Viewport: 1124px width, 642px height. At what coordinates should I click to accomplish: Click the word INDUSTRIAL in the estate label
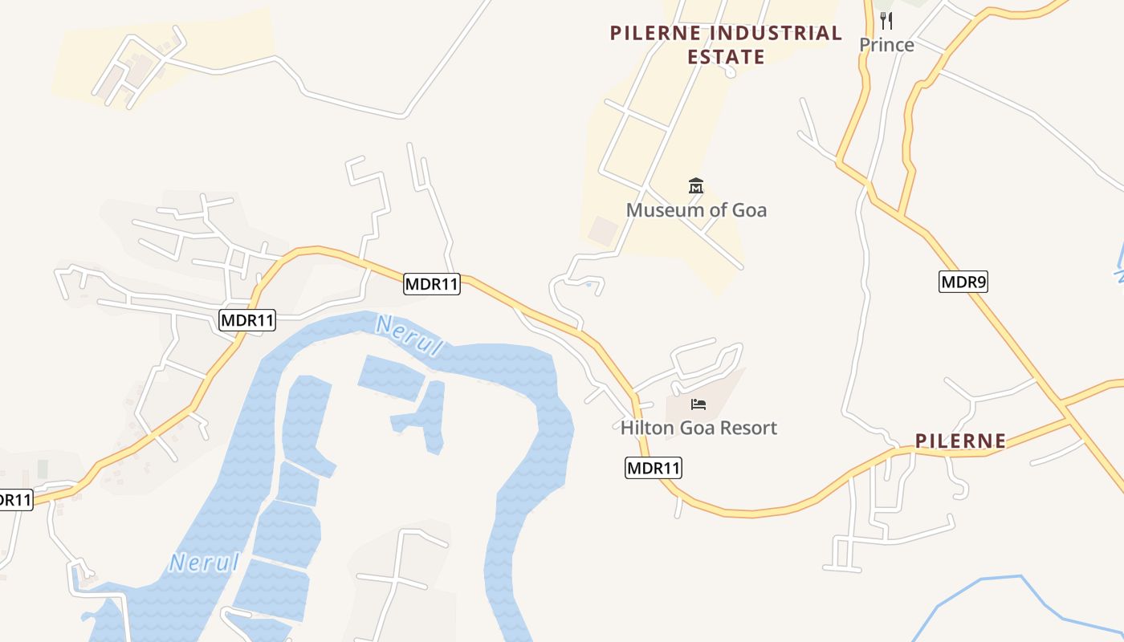pyautogui.click(x=777, y=33)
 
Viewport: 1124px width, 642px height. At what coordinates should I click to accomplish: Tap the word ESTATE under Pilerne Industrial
pyautogui.click(x=726, y=57)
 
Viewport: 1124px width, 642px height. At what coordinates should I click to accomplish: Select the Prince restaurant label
pyautogui.click(x=886, y=45)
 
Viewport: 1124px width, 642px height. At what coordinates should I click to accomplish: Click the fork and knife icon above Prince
pyautogui.click(x=886, y=20)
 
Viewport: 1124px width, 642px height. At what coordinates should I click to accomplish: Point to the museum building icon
pyautogui.click(x=696, y=186)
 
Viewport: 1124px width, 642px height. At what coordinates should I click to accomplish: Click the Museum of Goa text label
pyautogui.click(x=696, y=210)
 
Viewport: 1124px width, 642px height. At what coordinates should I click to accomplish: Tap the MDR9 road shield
pyautogui.click(x=963, y=282)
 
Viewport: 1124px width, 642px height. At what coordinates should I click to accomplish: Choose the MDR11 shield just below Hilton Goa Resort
pyautogui.click(x=653, y=468)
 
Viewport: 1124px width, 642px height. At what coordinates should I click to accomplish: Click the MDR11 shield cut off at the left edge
pyautogui.click(x=14, y=500)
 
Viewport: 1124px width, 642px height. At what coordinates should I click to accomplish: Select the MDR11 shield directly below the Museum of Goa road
pyautogui.click(x=432, y=283)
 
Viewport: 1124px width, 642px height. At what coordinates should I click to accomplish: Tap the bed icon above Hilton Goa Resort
pyautogui.click(x=698, y=404)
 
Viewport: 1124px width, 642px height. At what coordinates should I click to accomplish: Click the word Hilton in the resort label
pyautogui.click(x=647, y=428)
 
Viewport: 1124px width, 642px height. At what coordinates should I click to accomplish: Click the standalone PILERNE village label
pyautogui.click(x=960, y=441)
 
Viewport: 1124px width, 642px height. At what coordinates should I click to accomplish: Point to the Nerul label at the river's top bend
pyautogui.click(x=409, y=336)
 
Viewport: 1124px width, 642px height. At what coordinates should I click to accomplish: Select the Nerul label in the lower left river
pyautogui.click(x=205, y=562)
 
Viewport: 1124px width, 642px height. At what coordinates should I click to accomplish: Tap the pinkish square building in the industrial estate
pyautogui.click(x=603, y=230)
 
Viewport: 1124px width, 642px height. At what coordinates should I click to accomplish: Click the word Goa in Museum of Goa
pyautogui.click(x=748, y=210)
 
